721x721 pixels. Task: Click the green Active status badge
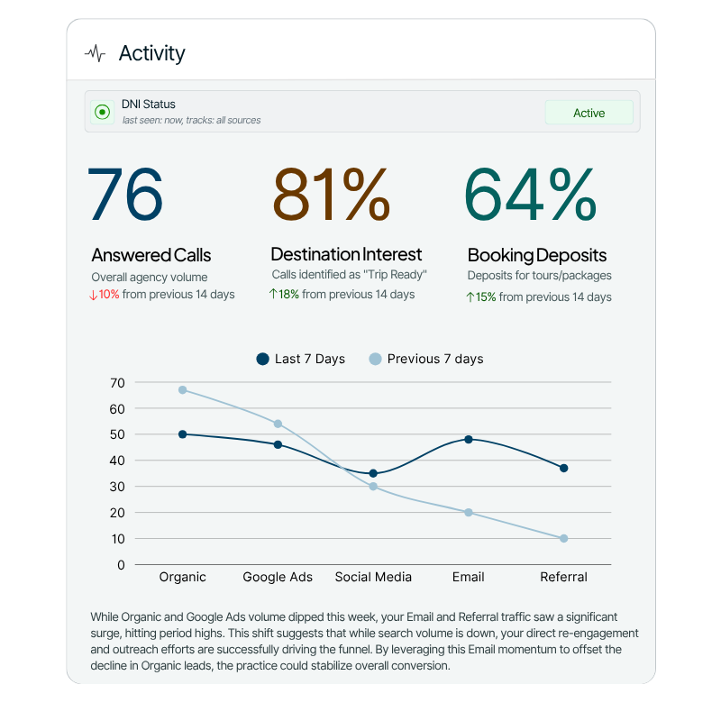coord(589,113)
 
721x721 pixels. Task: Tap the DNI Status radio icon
coord(102,113)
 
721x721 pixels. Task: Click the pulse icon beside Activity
coord(95,54)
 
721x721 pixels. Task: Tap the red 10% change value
coord(108,295)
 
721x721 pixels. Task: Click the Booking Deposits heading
coord(537,255)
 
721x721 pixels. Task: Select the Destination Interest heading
coord(346,254)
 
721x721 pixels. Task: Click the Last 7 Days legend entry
coord(300,359)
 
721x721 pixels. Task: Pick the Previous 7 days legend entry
coord(425,359)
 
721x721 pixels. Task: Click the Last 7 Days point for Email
coord(469,440)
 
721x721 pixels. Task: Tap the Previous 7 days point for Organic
coord(183,390)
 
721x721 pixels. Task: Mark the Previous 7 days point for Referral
coord(563,539)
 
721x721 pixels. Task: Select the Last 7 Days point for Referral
coord(563,468)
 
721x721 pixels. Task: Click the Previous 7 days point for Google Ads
coord(278,424)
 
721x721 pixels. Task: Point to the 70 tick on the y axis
coord(117,383)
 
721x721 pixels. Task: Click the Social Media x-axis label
coord(373,577)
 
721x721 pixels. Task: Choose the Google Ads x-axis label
coord(278,577)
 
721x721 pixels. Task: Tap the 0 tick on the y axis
coord(121,565)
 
